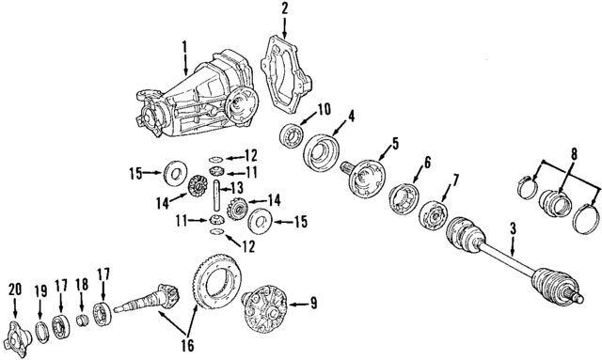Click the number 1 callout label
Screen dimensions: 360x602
[185, 45]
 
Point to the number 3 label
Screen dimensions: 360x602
[513, 229]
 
